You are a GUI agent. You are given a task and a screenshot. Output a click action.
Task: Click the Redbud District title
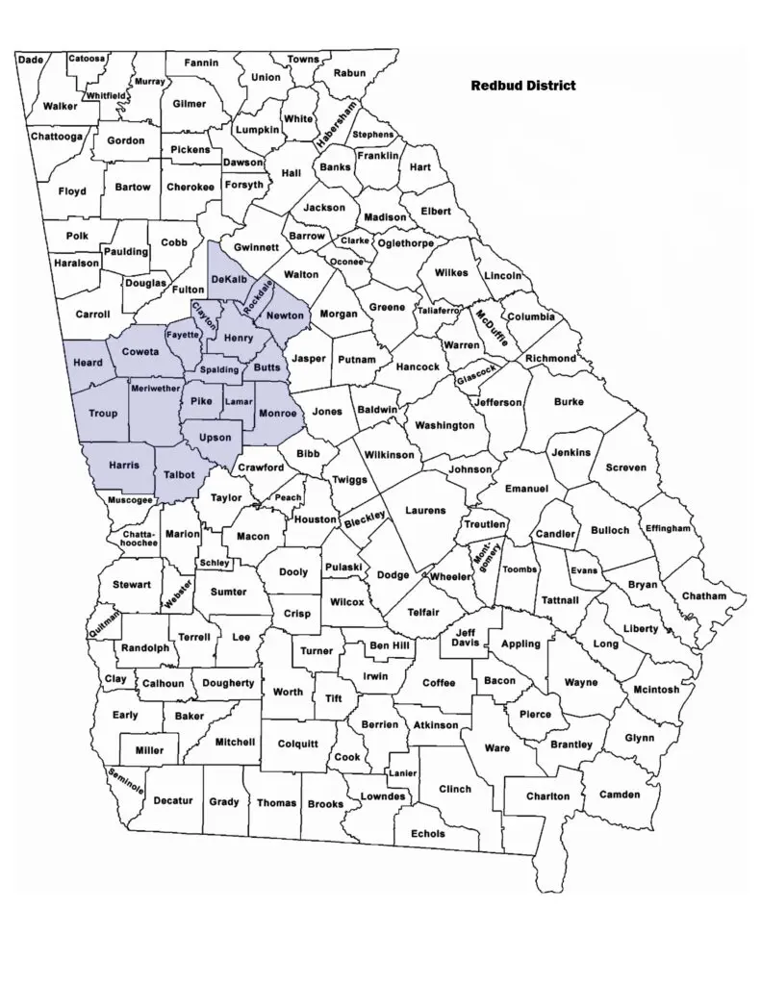pos(523,86)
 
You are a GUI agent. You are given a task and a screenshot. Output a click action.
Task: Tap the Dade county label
pos(31,60)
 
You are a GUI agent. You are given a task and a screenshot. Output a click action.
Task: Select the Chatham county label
pos(703,596)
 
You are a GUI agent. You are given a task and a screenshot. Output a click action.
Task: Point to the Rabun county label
pos(349,73)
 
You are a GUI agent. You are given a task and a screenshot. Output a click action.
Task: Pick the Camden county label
pos(619,795)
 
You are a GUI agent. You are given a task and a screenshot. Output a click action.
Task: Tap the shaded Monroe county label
pos(277,413)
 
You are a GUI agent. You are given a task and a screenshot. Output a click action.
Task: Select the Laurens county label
pos(426,510)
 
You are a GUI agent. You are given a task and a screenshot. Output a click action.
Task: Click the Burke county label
pos(569,403)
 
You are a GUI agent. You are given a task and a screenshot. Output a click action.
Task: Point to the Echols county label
pos(427,834)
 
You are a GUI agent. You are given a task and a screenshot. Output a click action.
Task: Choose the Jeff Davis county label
pos(467,637)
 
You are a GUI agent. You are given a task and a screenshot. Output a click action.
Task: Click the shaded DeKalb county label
pos(229,279)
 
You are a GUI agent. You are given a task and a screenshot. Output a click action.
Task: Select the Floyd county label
pos(72,191)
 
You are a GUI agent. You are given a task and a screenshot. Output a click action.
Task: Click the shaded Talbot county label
pos(179,475)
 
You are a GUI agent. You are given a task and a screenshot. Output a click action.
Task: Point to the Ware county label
pos(496,747)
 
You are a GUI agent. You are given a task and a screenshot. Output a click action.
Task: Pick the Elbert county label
pos(436,211)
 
